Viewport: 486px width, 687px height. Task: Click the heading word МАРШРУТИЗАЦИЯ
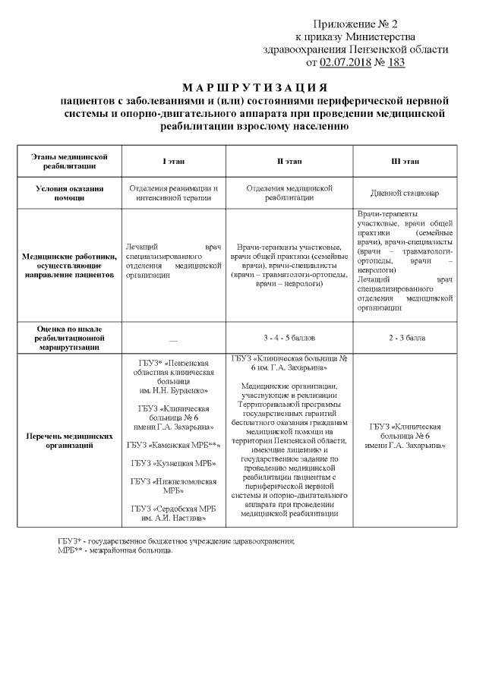pos(254,85)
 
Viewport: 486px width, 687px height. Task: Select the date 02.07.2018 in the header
pos(346,63)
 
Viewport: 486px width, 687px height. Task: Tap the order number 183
pos(396,63)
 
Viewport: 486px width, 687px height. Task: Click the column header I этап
pos(174,161)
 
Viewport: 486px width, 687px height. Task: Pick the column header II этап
pos(289,161)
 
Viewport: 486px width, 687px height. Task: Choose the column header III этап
pos(405,161)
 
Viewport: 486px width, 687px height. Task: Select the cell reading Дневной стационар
pos(405,193)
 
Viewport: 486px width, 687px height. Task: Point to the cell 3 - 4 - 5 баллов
pos(289,336)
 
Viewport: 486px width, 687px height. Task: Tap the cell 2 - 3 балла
pos(405,336)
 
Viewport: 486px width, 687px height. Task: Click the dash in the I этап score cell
pos(174,337)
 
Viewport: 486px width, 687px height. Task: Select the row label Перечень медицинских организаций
pos(69,441)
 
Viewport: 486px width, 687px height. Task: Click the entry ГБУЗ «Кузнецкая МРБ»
pos(174,463)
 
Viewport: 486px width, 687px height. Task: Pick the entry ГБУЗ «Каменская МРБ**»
pos(174,445)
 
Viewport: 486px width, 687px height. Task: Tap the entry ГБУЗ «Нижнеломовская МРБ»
pos(174,486)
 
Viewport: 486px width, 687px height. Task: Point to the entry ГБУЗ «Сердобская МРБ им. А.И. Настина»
pos(174,512)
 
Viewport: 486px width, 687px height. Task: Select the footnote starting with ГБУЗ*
pos(175,540)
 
